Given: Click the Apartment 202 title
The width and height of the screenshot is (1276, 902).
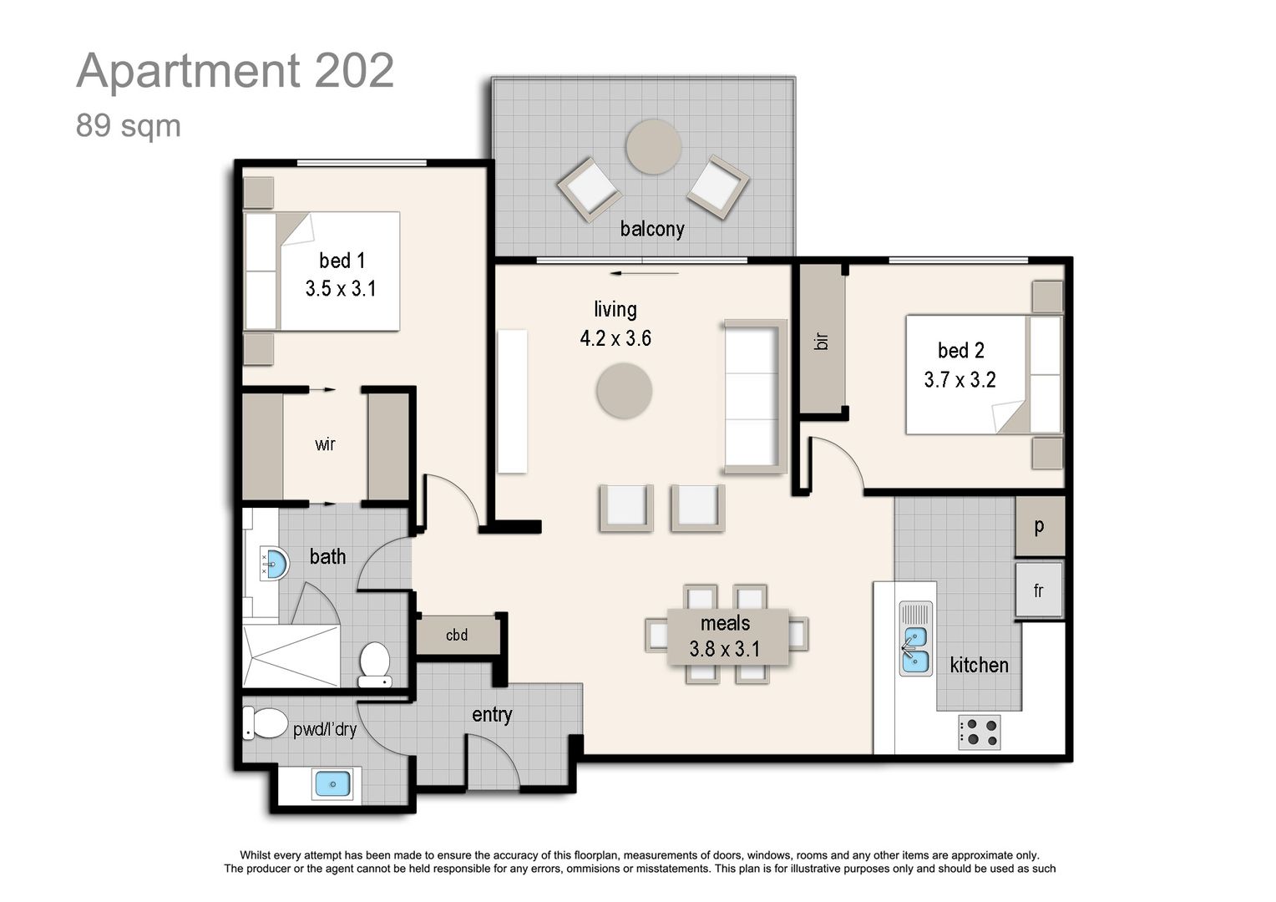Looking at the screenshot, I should tap(235, 71).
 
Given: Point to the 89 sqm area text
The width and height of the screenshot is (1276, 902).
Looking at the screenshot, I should tap(129, 126).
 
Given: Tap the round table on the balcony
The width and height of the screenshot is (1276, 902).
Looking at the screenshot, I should tap(653, 147).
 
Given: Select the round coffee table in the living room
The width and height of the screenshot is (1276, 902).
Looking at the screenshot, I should tap(625, 391).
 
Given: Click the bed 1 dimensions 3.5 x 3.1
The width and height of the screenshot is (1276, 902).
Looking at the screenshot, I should tap(341, 289).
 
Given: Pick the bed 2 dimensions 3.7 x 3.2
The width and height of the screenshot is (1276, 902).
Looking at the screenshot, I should tap(960, 380).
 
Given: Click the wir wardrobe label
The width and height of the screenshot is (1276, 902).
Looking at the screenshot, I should tap(325, 444).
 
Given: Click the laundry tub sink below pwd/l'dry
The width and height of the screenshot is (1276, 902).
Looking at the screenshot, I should tap(332, 784).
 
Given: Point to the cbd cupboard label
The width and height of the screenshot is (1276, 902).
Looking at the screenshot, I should tap(457, 636).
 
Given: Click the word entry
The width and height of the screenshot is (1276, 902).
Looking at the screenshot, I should tap(492, 715).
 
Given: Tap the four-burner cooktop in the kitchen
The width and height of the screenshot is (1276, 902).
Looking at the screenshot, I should tap(979, 732).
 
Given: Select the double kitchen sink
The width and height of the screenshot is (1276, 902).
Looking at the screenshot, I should tap(915, 639).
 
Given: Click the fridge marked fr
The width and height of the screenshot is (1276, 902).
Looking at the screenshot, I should tap(1039, 590).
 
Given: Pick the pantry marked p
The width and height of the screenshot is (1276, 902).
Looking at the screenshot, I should tap(1040, 526).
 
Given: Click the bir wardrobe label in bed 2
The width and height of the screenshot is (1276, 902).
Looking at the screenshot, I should tap(822, 340).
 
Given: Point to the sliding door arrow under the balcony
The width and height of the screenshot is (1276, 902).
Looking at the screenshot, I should tap(644, 272).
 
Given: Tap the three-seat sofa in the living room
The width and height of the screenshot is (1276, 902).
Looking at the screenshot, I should tap(754, 396).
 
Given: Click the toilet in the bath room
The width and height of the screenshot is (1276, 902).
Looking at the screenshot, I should tap(374, 664).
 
